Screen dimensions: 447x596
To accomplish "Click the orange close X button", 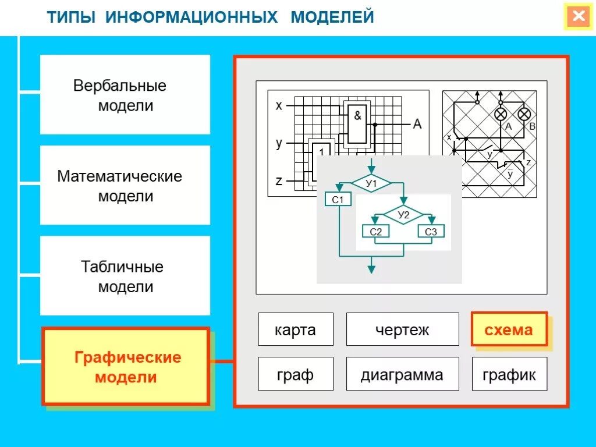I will (x=579, y=16).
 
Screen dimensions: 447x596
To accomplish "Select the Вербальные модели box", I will (x=125, y=95).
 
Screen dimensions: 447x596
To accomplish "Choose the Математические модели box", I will (x=125, y=185).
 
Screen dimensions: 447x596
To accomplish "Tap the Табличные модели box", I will (x=125, y=276).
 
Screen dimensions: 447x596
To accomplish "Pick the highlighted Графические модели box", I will (x=126, y=367).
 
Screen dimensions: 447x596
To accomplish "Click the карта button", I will (x=296, y=330).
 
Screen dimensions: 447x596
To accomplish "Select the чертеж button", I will (x=402, y=330).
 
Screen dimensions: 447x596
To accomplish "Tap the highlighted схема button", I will (x=509, y=329).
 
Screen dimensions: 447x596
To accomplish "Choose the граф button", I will (x=296, y=374).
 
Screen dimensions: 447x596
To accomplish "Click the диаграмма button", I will (x=402, y=374).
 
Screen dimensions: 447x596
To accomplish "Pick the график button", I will (x=509, y=374).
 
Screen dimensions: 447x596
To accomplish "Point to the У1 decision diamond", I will (x=371, y=184).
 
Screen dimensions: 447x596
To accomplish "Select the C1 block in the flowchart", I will (x=338, y=200).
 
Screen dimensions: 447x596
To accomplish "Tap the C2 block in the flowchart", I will (x=376, y=232).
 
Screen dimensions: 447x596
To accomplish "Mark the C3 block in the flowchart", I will (x=431, y=232).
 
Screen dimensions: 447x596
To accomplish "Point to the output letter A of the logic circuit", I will (x=417, y=124).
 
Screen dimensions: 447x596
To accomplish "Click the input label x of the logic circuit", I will (x=279, y=105).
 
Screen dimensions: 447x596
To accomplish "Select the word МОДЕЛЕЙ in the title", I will (x=332, y=17).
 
